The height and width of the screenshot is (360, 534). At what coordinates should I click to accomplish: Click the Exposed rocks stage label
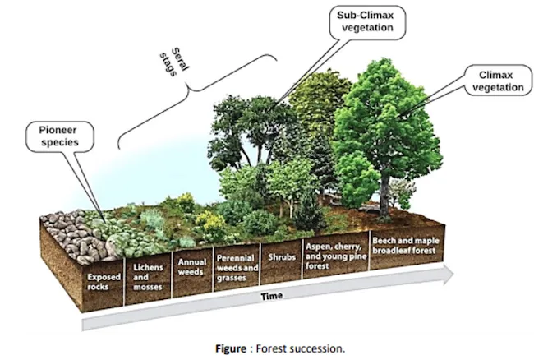tap(104, 281)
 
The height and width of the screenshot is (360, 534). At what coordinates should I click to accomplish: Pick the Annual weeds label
tap(192, 265)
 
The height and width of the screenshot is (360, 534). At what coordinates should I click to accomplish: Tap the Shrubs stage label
tap(279, 254)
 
